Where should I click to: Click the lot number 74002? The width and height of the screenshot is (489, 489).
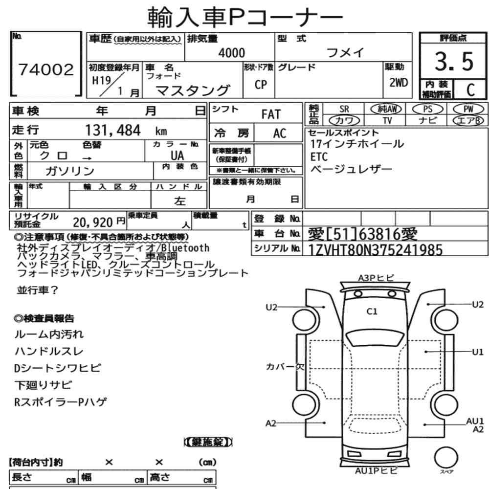[x=46, y=69]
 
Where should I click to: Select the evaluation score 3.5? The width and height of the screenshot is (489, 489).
[x=454, y=61]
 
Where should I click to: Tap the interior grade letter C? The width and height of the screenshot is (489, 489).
[x=470, y=90]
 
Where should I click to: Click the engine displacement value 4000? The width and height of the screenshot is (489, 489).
[x=232, y=53]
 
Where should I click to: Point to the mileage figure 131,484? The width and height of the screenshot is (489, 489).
[x=113, y=130]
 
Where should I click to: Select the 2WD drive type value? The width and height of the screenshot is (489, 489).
[x=399, y=83]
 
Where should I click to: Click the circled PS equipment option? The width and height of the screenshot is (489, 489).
[x=427, y=109]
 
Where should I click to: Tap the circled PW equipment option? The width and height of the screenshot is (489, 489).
[x=468, y=109]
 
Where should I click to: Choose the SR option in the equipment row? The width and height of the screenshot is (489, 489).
[x=344, y=109]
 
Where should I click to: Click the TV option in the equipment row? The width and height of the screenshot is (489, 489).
[x=387, y=120]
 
